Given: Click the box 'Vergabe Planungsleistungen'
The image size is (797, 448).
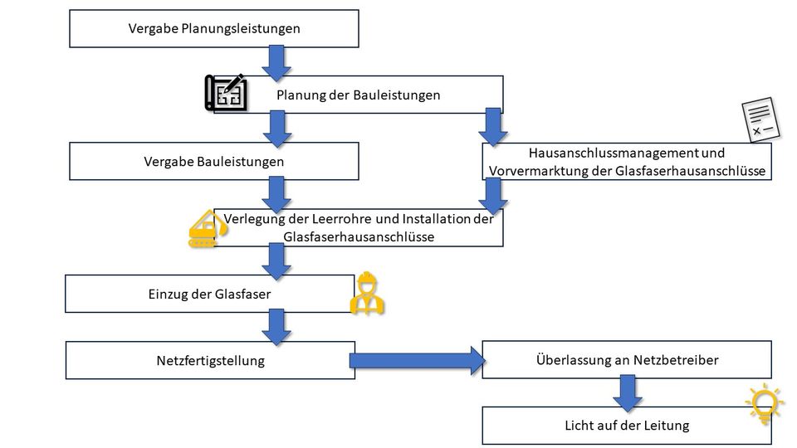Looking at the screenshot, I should (x=213, y=28).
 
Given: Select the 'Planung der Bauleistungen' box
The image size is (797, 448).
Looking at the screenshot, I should (x=358, y=95).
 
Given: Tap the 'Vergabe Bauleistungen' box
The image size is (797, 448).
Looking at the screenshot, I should (x=213, y=161).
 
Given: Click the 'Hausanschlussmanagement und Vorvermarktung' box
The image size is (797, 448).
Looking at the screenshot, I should (x=627, y=162).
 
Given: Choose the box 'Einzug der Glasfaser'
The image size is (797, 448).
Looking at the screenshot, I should (x=209, y=294).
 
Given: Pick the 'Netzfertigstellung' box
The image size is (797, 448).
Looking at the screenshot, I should (x=210, y=361).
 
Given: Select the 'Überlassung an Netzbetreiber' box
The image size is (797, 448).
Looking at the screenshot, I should (x=627, y=360).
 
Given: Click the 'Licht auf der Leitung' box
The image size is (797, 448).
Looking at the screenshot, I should (x=627, y=426).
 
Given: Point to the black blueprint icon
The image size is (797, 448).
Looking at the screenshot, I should (x=227, y=92).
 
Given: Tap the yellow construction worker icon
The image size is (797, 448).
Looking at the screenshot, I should (x=366, y=294).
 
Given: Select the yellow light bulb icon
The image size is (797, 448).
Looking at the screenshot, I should (x=765, y=403).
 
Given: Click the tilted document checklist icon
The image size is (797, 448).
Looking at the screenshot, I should (x=760, y=120).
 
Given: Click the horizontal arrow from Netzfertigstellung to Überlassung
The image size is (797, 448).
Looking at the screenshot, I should (x=415, y=360).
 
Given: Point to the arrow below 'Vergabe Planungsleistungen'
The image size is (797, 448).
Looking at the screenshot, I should (x=276, y=60).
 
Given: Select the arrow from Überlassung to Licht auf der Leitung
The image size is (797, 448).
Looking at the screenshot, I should (x=628, y=391).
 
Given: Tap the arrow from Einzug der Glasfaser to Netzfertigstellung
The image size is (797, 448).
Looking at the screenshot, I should (x=276, y=326).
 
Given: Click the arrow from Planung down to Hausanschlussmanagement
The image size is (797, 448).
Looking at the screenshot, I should (x=494, y=125).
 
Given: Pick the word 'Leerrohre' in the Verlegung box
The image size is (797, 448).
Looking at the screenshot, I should (x=324, y=220).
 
